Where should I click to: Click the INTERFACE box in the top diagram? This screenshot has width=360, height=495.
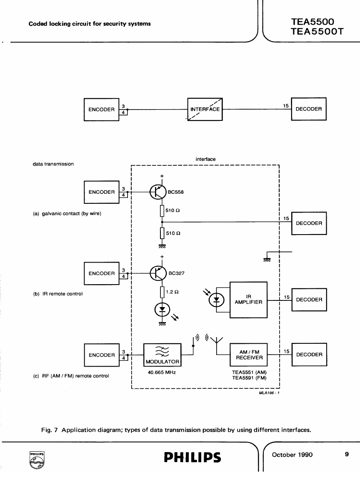205,109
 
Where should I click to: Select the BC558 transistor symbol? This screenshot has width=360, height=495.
156,192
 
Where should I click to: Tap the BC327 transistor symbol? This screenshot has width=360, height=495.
156,273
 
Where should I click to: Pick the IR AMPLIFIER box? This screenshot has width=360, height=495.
248,300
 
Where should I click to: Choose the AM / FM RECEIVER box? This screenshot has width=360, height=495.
249,355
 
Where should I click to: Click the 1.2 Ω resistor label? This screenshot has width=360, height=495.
172,292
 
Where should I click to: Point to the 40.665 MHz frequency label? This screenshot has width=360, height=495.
161,372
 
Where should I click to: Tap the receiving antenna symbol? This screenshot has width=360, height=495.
217,342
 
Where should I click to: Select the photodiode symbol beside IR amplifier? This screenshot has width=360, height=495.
217,300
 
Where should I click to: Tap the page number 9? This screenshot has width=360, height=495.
347,455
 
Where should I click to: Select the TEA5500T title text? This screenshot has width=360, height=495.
317,32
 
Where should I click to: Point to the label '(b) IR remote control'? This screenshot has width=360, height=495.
58,294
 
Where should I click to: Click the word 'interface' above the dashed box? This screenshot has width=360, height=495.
205,159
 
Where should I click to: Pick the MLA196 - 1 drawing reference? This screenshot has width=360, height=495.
269,392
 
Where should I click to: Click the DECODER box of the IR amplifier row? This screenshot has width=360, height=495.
309,300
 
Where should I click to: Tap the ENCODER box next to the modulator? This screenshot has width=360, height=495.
102,355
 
